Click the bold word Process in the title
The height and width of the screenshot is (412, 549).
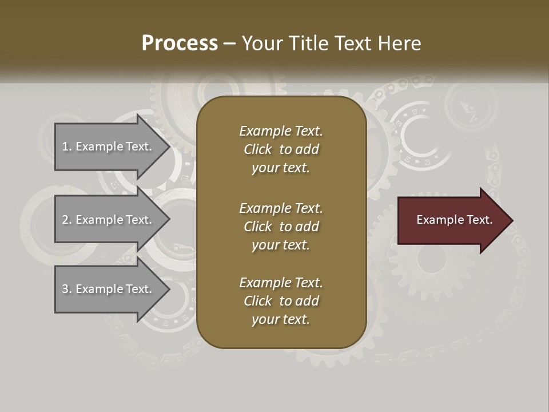pyautogui.click(x=180, y=43)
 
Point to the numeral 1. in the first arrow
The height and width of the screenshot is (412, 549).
pyautogui.click(x=66, y=146)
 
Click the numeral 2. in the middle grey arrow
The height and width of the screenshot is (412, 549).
pyautogui.click(x=66, y=220)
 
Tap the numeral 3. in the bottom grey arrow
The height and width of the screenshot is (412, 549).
pyautogui.click(x=66, y=289)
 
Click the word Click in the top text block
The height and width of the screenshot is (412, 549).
pyautogui.click(x=257, y=150)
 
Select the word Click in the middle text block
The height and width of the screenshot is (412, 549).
pyautogui.click(x=257, y=227)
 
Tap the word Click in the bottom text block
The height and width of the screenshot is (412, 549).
pyautogui.click(x=257, y=301)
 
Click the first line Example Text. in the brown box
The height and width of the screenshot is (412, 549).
pyautogui.click(x=281, y=131)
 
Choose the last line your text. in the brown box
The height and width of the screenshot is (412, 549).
pyautogui.click(x=281, y=320)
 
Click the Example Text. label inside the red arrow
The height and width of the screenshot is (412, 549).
pyautogui.click(x=455, y=220)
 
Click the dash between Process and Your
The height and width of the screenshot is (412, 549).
pyautogui.click(x=230, y=43)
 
